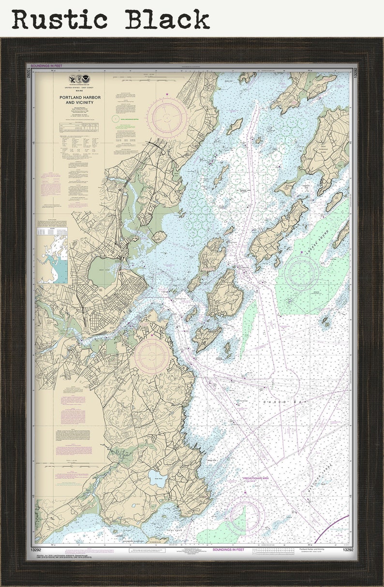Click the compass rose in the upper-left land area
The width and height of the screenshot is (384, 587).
pos(167,117)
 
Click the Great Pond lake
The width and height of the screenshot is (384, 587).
pos(157,479)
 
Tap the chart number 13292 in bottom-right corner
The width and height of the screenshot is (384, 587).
pos(347,550)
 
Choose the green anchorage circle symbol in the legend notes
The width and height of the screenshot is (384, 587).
pos(115,118)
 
